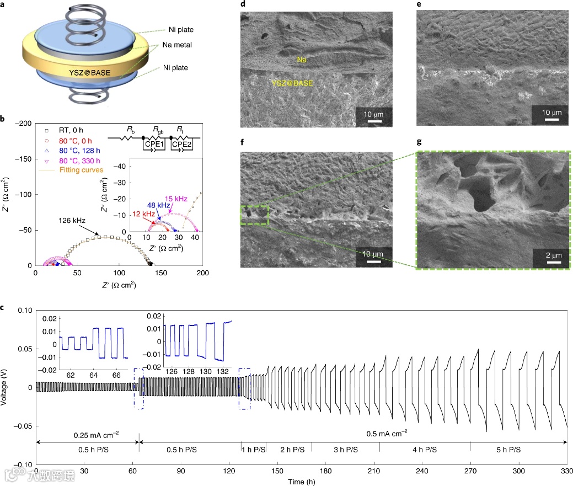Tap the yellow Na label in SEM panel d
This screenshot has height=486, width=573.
click(302, 60)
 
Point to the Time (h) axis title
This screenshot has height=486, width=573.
click(302, 482)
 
